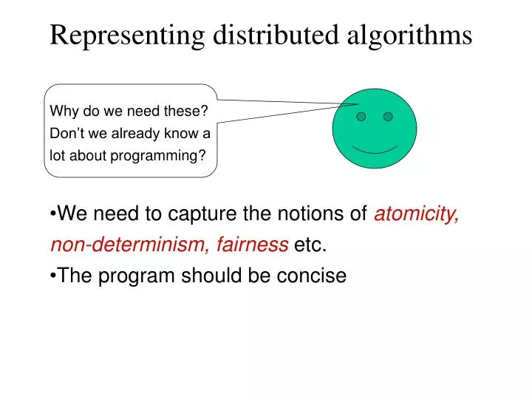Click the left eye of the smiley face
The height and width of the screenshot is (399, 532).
[x=361, y=117]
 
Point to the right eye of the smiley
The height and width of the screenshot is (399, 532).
[x=388, y=117]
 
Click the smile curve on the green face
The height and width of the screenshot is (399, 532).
[x=375, y=149]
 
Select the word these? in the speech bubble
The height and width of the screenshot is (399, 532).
[x=188, y=112]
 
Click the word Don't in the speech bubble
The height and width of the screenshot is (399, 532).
[x=66, y=134]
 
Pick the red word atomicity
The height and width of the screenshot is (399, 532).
[x=417, y=214]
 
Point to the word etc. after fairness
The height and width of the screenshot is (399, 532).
[x=310, y=245]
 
